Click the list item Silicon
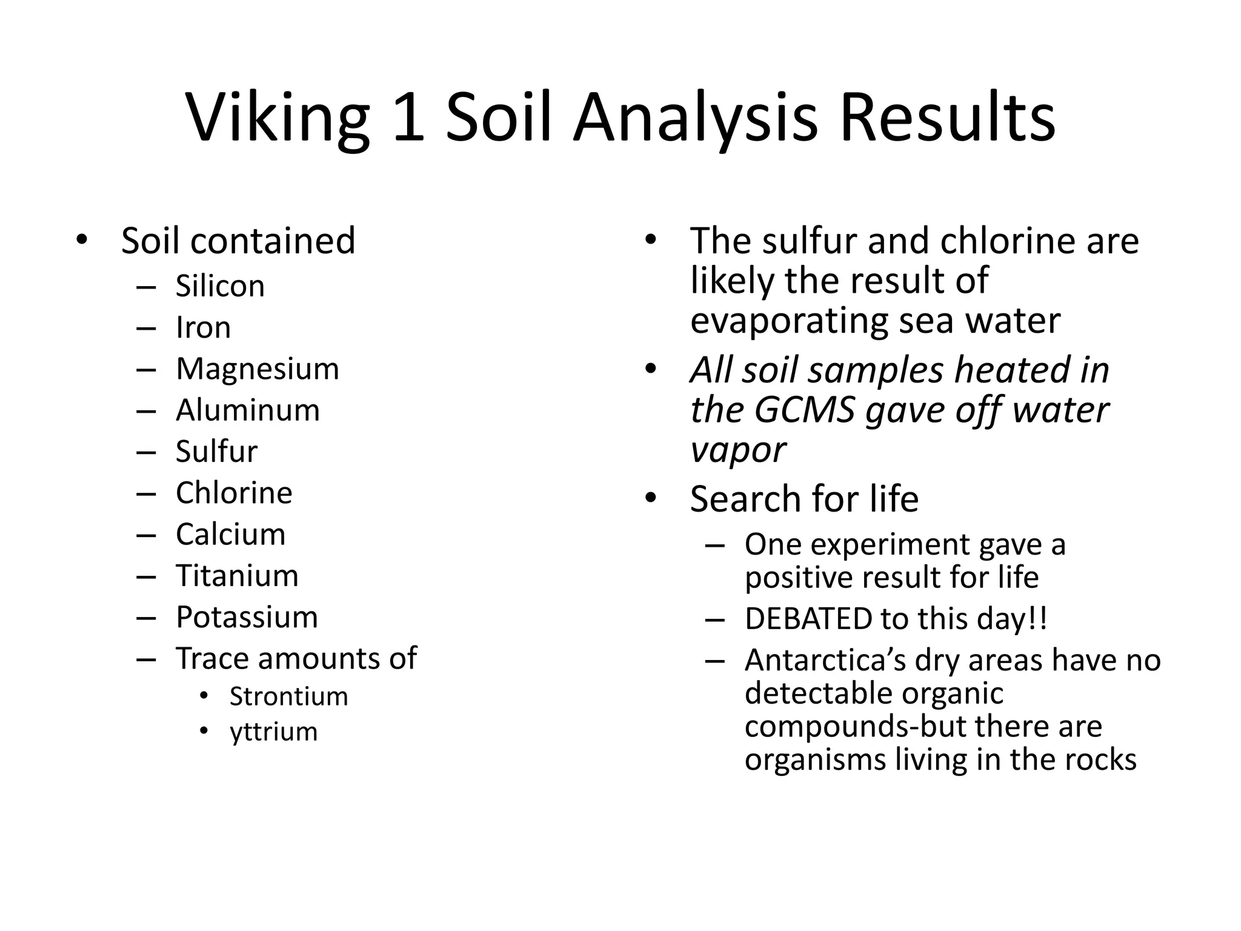(x=220, y=286)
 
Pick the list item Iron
(x=203, y=328)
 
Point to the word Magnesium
(x=257, y=369)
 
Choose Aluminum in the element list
(x=247, y=410)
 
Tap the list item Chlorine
(x=234, y=493)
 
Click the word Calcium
(x=230, y=535)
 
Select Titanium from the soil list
(x=237, y=576)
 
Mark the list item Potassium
(x=247, y=617)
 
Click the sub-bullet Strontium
(x=288, y=696)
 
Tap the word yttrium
(x=273, y=732)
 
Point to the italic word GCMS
(x=805, y=410)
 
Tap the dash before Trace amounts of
(x=146, y=659)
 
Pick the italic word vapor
(x=737, y=450)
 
